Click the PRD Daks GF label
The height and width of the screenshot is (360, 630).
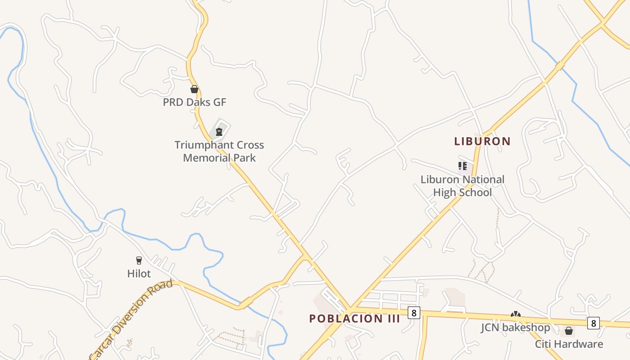(x=194, y=102)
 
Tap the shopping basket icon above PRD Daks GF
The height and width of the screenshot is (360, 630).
(x=194, y=89)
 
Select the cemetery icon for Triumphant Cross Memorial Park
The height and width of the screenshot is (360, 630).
(x=219, y=132)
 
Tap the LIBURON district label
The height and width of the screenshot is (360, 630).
(x=482, y=141)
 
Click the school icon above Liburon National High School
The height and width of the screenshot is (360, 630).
(x=462, y=166)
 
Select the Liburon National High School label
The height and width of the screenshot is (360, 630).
(x=462, y=186)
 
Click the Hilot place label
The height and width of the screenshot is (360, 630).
(x=139, y=274)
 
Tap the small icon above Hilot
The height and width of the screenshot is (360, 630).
(x=139, y=260)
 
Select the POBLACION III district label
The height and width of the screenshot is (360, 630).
(x=355, y=319)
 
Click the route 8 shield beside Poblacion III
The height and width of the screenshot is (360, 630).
(x=414, y=312)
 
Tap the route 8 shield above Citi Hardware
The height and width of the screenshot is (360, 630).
(x=593, y=323)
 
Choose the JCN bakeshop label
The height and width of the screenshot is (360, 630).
(x=515, y=328)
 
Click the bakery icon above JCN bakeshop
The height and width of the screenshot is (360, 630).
(x=516, y=315)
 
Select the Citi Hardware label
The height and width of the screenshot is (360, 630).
(x=569, y=344)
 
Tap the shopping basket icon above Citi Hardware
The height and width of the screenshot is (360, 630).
(x=569, y=331)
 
